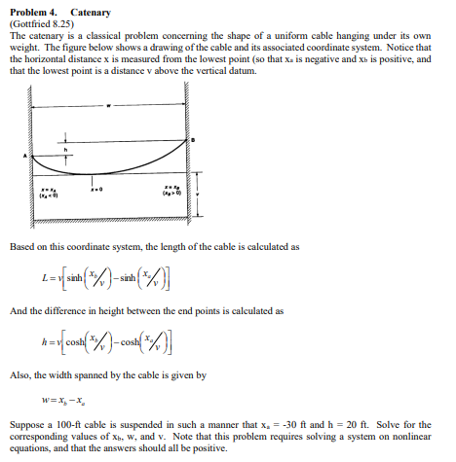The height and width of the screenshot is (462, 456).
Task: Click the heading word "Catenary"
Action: click(x=91, y=13)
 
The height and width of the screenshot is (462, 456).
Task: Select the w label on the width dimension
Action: click(x=109, y=104)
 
